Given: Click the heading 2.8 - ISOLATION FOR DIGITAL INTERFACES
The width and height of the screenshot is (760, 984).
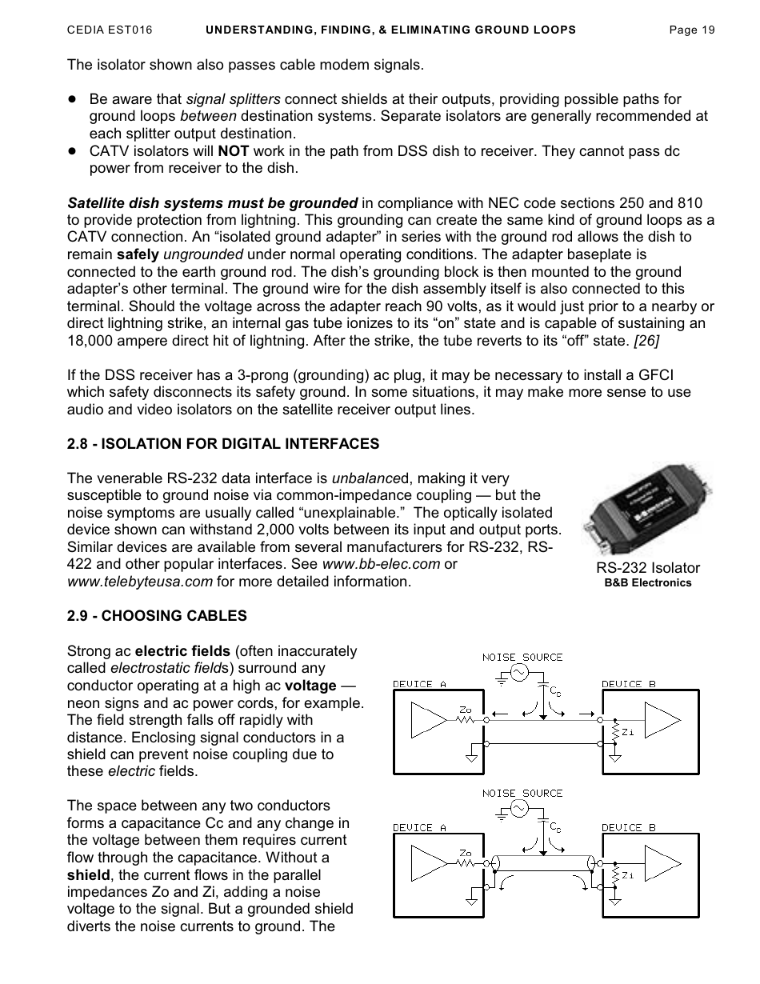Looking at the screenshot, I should pos(223,444).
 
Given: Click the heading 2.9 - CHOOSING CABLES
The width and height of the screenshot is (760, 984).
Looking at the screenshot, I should pos(157,616).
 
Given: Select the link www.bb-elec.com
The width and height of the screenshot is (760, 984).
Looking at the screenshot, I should pos(381,564).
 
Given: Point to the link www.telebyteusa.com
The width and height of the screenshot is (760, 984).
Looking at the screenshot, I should pos(140,582).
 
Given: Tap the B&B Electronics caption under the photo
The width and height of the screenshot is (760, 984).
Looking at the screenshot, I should pos(647,583).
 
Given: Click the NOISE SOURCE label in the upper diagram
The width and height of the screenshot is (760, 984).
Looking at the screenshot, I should pos(522,657).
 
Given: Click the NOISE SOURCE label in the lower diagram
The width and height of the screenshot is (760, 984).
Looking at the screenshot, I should pos(522,793).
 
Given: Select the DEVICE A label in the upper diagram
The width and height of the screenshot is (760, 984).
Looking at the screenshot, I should pos(419,684).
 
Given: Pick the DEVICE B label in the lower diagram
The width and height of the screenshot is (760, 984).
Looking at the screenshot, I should pos(629,827).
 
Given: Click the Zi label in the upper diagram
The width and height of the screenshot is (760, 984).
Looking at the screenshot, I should pos(628,732).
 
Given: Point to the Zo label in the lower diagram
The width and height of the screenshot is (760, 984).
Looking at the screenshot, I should pos(465,853).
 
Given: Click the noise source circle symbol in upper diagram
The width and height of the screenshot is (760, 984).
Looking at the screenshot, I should pos(519,674).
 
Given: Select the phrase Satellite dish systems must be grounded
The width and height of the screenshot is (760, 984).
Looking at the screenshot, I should pos(213,203).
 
